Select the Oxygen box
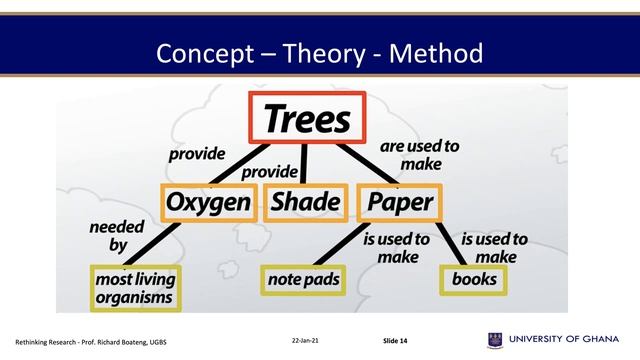coord(207,202)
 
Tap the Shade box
coord(305,202)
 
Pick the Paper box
coord(399,202)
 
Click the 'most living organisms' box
coord(133,287)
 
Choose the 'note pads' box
coord(304,279)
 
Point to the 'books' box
coord(473,279)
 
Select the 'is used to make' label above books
coord(495,247)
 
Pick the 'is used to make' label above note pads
coord(397,247)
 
